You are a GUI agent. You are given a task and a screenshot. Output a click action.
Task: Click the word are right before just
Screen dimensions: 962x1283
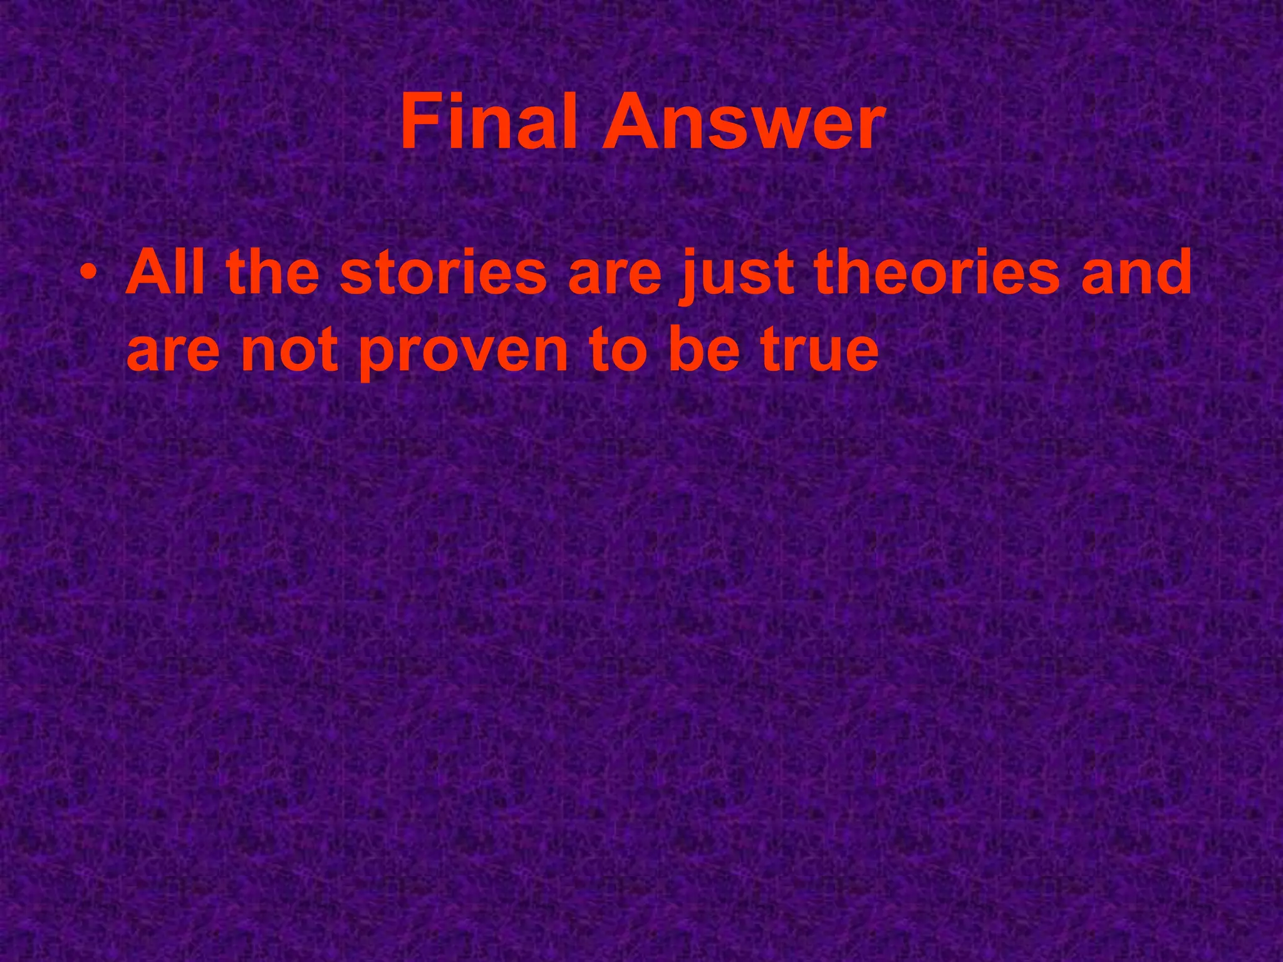[x=615, y=279]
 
